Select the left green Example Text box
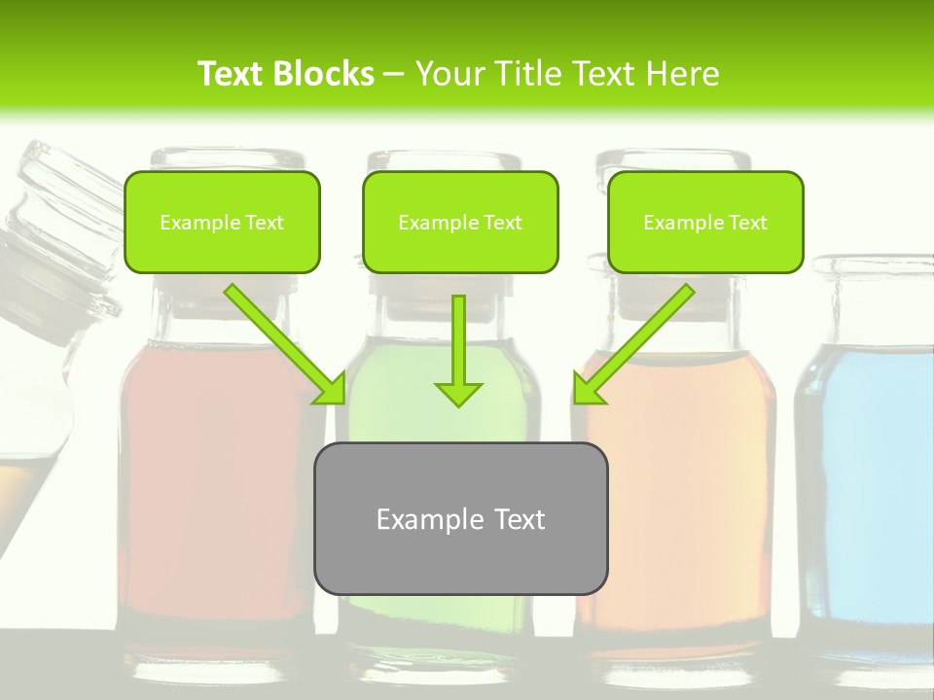pos(222,222)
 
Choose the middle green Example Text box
pos(460,222)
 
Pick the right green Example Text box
pos(705,222)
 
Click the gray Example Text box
pos(460,518)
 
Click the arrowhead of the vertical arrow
pos(458,393)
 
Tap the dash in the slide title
pos(394,74)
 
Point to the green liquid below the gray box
pos(438,622)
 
